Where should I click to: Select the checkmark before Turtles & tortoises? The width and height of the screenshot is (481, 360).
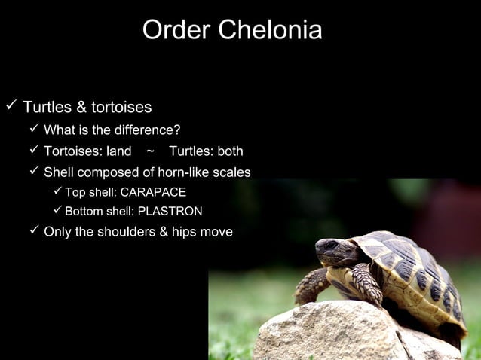10,106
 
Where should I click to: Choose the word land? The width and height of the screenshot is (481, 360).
118,151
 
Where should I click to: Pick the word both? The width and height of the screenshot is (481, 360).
229,151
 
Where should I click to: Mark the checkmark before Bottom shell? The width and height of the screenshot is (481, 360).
57,211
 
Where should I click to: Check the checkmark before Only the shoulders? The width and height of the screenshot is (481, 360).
33,231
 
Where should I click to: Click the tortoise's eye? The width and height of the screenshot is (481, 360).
330,246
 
